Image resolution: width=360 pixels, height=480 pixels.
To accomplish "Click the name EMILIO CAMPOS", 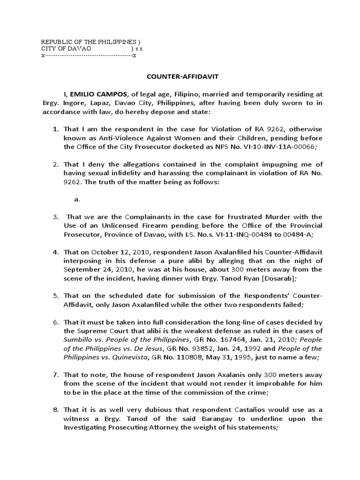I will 100,94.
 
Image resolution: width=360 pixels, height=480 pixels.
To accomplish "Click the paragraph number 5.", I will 55,296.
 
